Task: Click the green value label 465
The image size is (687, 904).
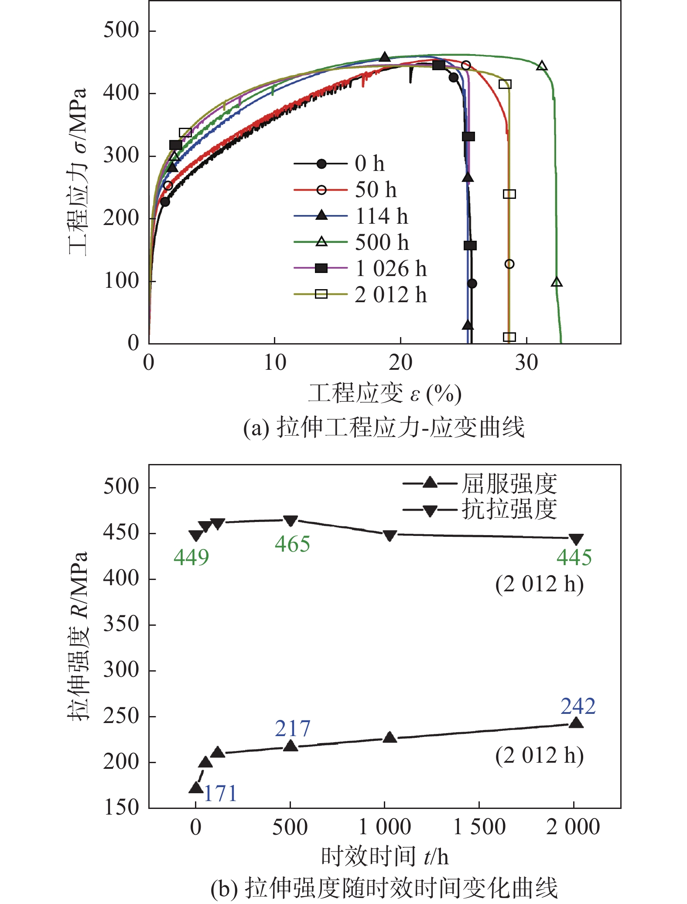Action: [292, 544]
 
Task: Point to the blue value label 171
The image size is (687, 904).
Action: [220, 794]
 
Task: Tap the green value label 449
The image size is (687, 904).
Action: [191, 557]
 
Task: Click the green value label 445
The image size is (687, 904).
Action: [574, 557]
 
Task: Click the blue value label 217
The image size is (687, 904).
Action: [292, 729]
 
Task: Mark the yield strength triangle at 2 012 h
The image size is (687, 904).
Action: [576, 723]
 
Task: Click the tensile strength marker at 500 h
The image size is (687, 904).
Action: [291, 521]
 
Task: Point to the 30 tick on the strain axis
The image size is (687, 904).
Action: [526, 362]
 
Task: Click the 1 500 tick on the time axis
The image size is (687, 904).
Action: [479, 827]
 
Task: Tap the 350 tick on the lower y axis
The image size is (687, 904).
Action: [121, 624]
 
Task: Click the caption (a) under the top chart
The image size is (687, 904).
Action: [384, 427]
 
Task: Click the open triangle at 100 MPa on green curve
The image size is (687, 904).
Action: [557, 282]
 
